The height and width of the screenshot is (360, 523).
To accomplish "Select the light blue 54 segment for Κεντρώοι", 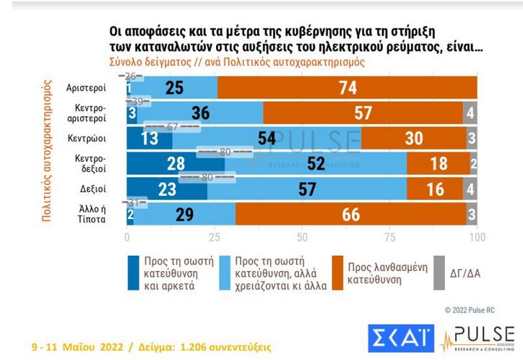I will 267,138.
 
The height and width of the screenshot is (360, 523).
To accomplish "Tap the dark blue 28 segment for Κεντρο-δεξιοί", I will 176,163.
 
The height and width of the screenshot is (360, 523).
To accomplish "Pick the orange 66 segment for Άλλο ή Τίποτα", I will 350,215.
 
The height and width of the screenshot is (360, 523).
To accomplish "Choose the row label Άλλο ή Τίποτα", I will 91,215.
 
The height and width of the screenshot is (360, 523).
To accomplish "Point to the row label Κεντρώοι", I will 87,138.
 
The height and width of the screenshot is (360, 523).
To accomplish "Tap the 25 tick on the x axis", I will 215,236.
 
